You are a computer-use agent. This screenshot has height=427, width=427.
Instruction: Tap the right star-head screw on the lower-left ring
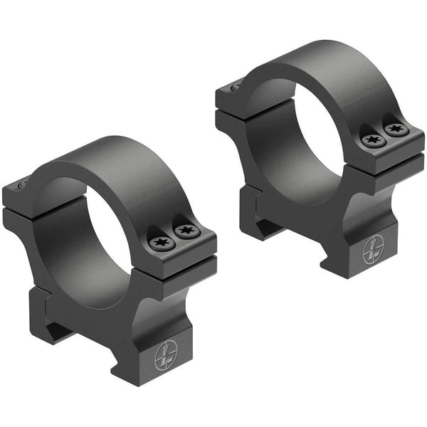(x=187, y=231)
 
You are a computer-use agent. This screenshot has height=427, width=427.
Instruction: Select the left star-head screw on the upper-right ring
(x=373, y=140)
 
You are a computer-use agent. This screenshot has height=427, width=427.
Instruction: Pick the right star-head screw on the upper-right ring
(x=396, y=130)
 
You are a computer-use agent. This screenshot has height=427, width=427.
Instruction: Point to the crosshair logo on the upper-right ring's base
(x=372, y=251)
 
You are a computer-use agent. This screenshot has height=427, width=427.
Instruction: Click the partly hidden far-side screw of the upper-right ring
(x=236, y=87)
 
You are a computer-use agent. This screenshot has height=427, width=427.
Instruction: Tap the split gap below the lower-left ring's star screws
(x=178, y=258)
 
